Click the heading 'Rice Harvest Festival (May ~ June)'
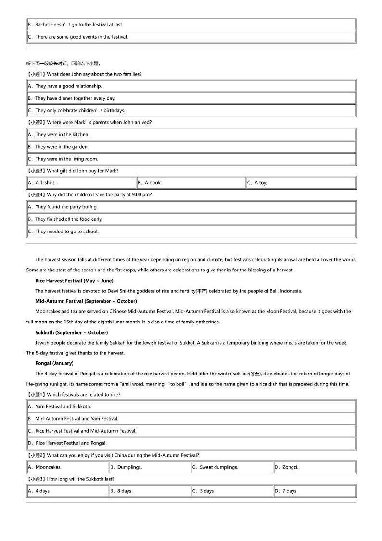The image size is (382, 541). coord(74,281)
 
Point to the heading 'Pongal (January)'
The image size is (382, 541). coord(54,363)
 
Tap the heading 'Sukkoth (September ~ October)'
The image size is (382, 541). coord(71,333)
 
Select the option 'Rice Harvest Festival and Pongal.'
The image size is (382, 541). coord(67,443)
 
